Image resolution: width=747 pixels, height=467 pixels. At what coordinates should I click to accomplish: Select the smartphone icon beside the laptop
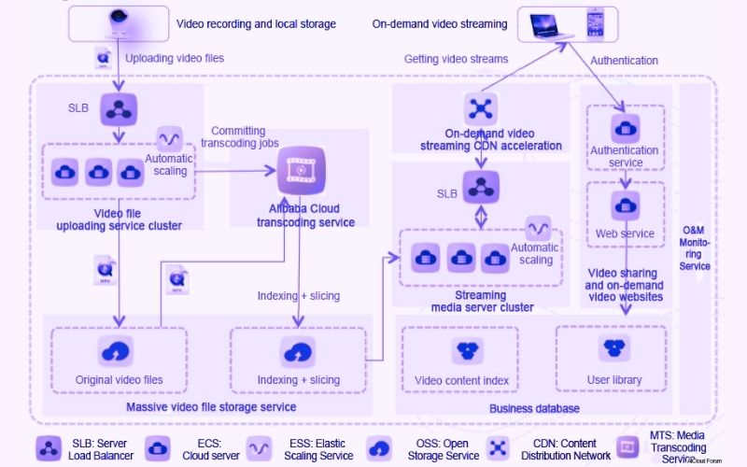click(x=595, y=22)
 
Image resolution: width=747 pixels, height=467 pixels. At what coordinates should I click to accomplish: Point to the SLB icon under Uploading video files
click(x=119, y=106)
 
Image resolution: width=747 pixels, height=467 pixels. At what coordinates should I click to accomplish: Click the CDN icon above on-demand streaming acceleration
click(x=481, y=108)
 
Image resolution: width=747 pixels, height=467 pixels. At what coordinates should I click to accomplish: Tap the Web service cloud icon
click(x=625, y=205)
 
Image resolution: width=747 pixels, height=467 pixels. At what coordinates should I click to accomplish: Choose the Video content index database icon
click(x=467, y=350)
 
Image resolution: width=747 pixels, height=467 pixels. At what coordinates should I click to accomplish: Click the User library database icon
click(x=613, y=348)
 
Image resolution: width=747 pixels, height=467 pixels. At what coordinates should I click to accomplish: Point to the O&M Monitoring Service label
click(x=696, y=248)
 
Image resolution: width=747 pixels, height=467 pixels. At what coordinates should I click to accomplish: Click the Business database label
click(x=534, y=408)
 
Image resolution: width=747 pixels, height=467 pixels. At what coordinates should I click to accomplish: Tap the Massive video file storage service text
click(x=211, y=406)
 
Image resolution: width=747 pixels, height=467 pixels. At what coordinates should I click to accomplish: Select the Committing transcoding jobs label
click(x=239, y=137)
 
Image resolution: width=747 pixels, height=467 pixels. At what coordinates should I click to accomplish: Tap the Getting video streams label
click(x=456, y=59)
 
